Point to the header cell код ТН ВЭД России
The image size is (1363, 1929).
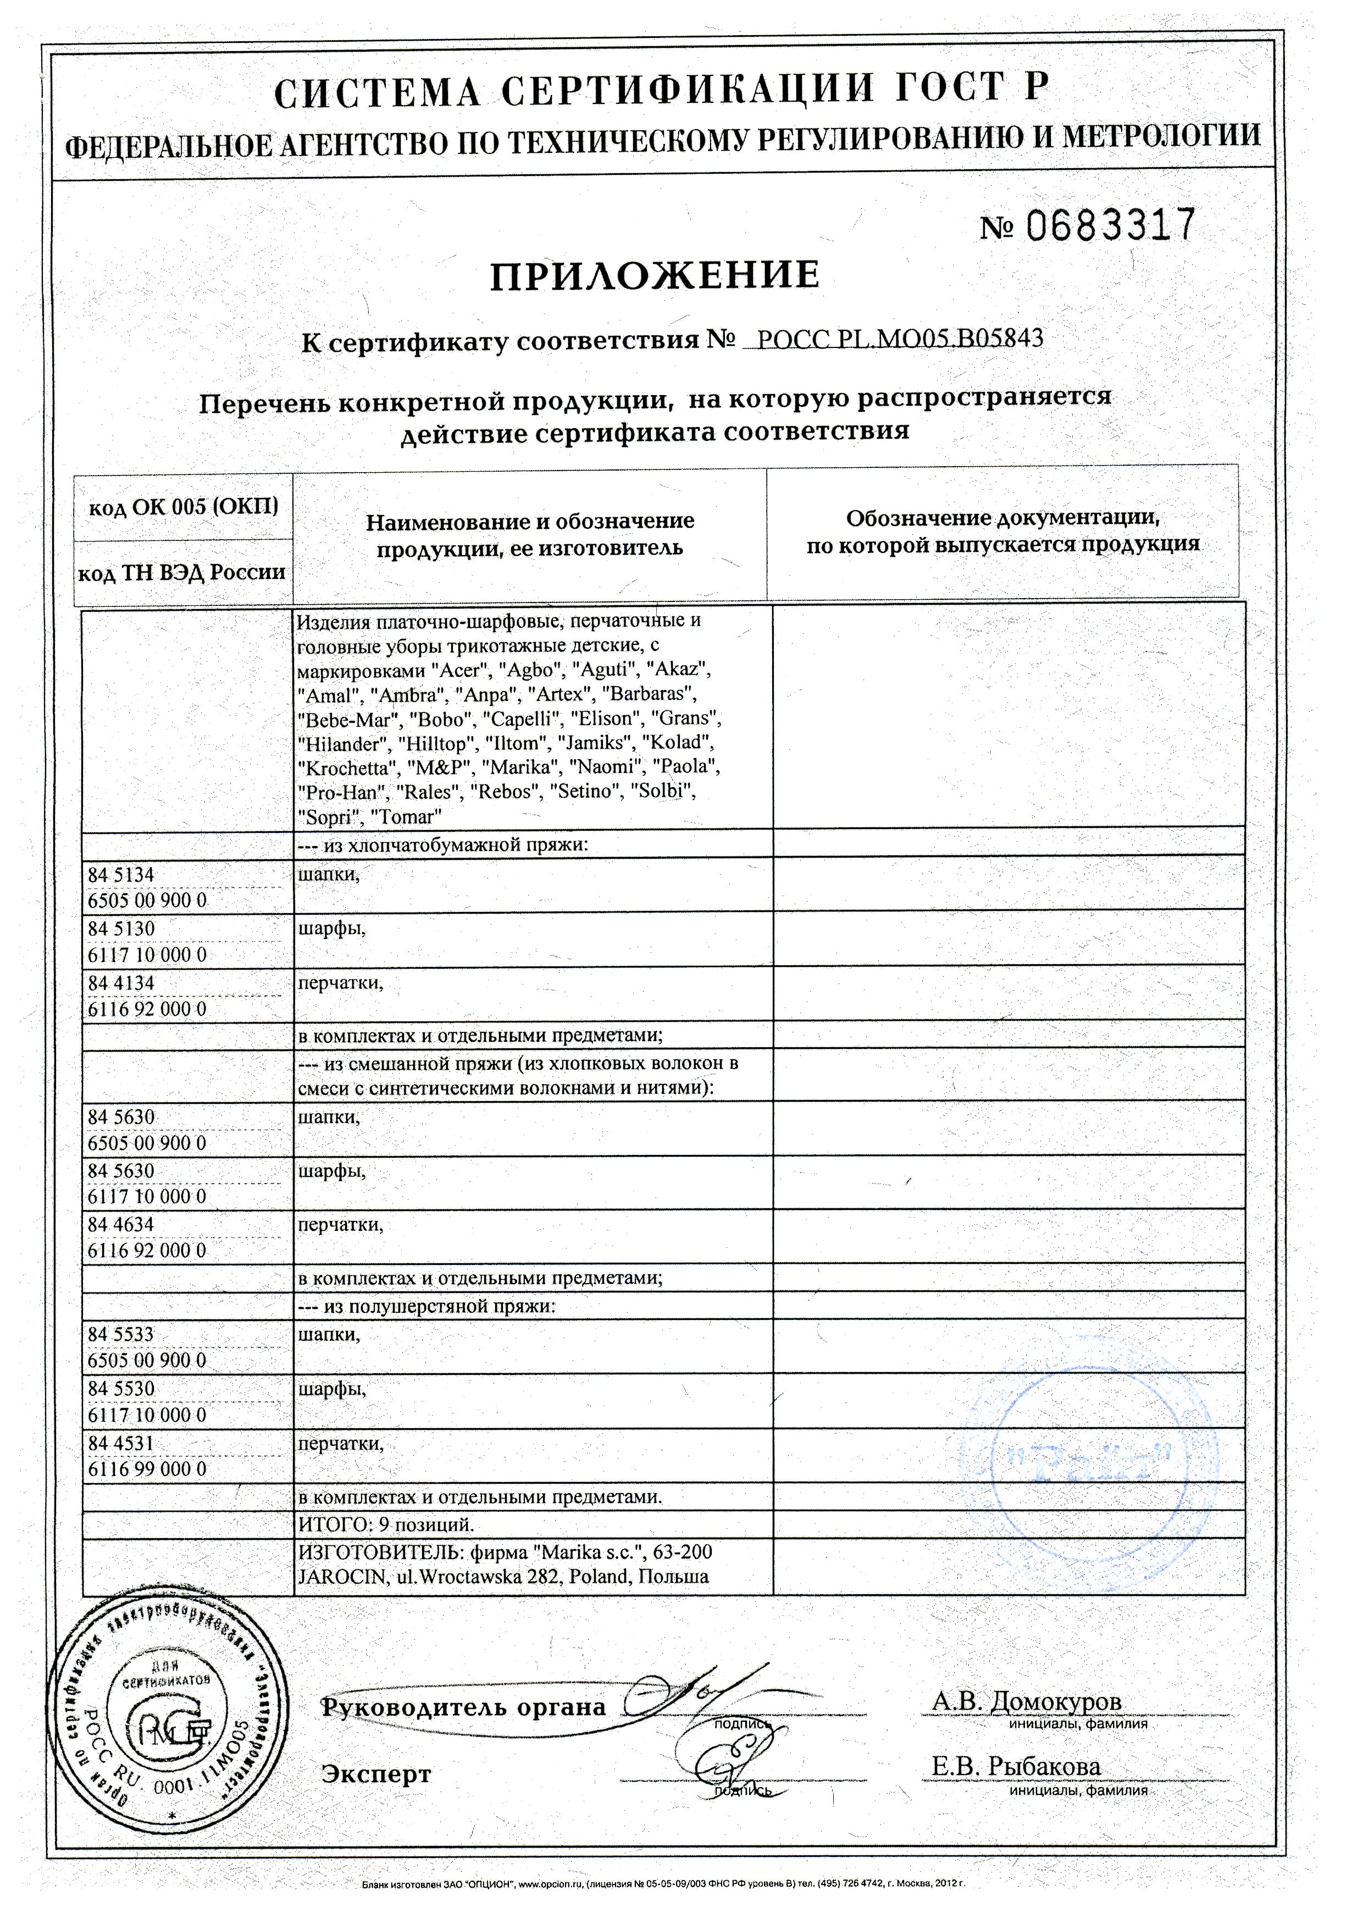[x=182, y=572]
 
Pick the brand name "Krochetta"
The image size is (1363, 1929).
[x=348, y=768]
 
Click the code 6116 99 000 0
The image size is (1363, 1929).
[x=147, y=1469]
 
